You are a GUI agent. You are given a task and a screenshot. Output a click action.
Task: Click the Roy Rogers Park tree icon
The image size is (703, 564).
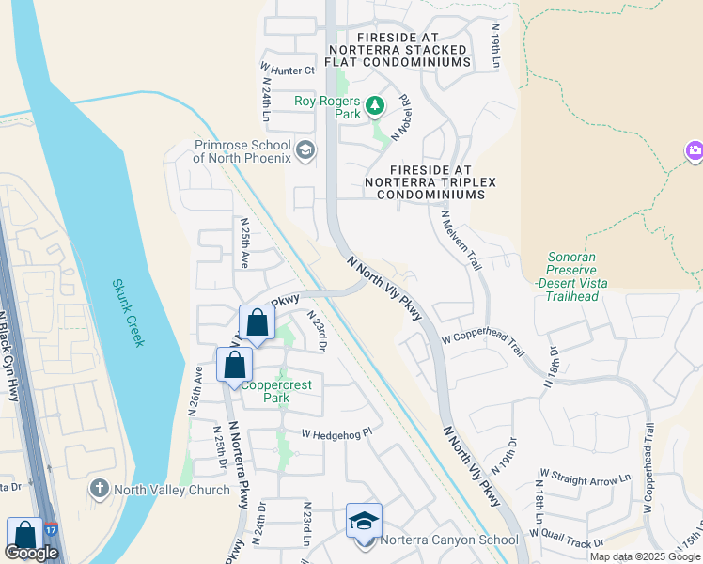[375, 104]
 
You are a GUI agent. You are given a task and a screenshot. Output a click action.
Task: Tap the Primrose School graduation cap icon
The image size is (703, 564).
[305, 149]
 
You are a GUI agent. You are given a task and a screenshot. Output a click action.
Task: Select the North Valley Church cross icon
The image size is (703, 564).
[99, 489]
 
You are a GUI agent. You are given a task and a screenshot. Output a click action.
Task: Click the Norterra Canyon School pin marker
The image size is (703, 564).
[364, 522]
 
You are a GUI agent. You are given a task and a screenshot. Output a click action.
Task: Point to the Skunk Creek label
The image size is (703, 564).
[129, 312]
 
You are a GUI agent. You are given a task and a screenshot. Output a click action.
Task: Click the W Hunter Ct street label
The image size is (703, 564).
[288, 70]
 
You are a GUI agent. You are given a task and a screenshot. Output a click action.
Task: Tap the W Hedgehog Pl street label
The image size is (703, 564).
[336, 433]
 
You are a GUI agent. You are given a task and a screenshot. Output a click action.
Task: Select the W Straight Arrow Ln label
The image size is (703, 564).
[585, 479]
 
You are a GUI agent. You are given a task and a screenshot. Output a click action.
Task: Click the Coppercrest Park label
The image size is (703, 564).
[276, 391]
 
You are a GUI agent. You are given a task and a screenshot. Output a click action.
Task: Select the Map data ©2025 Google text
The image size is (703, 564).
[645, 556]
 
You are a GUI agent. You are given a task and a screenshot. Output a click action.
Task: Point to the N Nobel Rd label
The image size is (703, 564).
[401, 117]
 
